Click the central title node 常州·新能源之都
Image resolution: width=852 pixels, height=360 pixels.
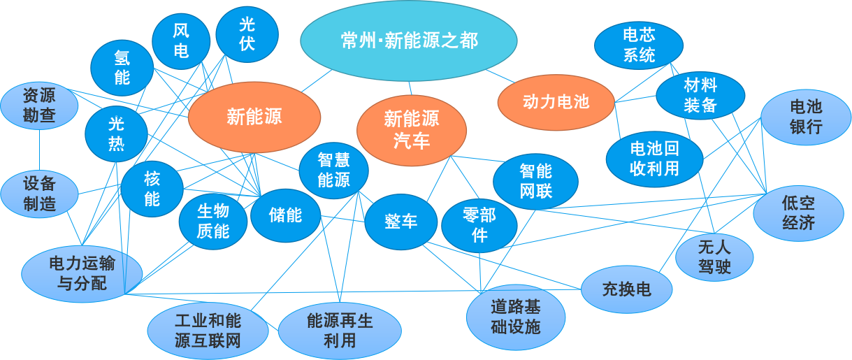[409, 40]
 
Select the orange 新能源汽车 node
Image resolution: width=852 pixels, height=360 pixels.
[411, 129]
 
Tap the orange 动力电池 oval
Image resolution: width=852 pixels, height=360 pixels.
[556, 102]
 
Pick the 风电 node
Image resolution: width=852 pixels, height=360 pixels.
[181, 41]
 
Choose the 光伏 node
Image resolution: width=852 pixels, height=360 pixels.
[247, 34]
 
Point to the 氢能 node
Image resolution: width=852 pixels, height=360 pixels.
[122, 67]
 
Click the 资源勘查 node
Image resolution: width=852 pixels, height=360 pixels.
[39, 106]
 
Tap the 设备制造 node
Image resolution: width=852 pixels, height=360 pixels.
[39, 194]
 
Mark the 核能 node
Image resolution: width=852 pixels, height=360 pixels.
[152, 189]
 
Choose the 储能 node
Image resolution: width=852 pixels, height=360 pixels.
[285, 215]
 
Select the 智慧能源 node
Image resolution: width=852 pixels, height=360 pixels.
[333, 171]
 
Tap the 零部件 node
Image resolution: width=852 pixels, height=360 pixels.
[479, 226]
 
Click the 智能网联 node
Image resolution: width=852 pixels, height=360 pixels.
[535, 180]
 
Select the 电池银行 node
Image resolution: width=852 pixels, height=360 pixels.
[806, 117]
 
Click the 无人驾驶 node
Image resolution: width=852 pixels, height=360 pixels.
[714, 257]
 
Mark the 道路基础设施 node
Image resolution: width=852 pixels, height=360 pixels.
[516, 316]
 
